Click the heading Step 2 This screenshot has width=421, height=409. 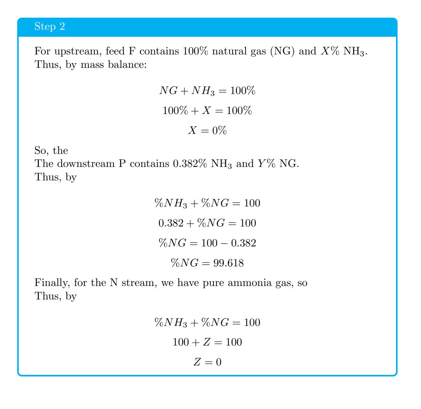(50, 26)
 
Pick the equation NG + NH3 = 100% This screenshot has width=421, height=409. (207, 91)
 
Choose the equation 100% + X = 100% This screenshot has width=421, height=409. (207, 111)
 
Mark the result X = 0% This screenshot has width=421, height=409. (207, 131)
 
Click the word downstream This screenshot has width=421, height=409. (86, 164)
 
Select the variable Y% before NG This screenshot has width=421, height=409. (267, 164)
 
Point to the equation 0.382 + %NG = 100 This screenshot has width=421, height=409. (207, 223)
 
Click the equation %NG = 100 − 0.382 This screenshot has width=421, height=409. (207, 243)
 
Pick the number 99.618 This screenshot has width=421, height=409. (228, 263)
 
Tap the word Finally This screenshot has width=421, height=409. (52, 283)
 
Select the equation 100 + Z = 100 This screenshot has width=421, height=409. (207, 342)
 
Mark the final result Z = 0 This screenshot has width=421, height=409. (207, 362)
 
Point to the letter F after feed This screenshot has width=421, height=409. (132, 51)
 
